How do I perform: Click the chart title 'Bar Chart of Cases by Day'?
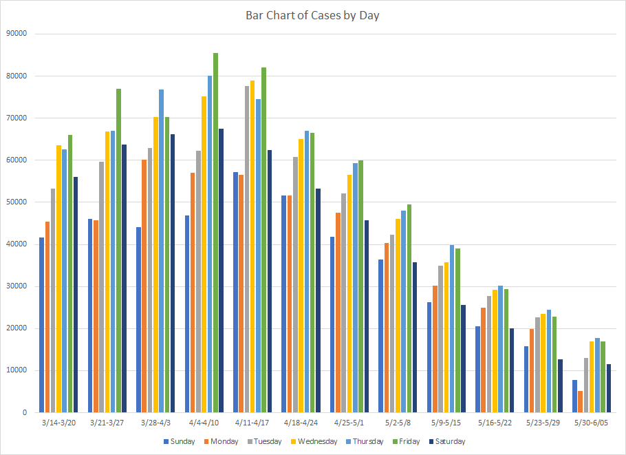click(x=312, y=15)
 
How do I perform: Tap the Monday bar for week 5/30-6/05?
click(x=581, y=402)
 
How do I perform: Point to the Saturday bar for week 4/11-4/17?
click(x=270, y=282)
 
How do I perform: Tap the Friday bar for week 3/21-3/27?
click(x=118, y=251)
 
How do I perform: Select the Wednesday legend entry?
click(x=314, y=442)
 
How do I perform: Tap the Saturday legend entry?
click(x=446, y=442)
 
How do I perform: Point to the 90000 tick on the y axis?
click(x=15, y=33)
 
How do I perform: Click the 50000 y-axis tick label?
click(x=15, y=202)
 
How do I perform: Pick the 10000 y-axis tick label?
click(x=15, y=370)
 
